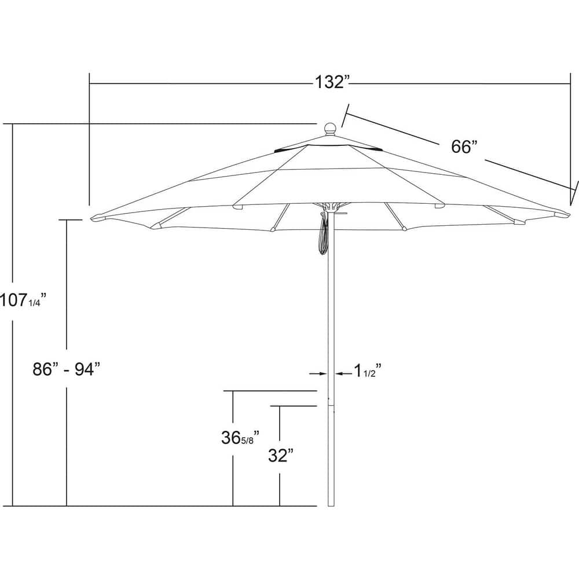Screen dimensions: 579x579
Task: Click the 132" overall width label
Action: [334, 83]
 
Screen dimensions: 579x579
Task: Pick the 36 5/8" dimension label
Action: [239, 438]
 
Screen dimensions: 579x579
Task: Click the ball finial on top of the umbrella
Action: [330, 129]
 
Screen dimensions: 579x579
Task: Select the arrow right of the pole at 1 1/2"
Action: [341, 374]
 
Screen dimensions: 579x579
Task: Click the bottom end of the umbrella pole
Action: [331, 504]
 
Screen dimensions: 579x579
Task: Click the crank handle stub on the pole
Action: [341, 212]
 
